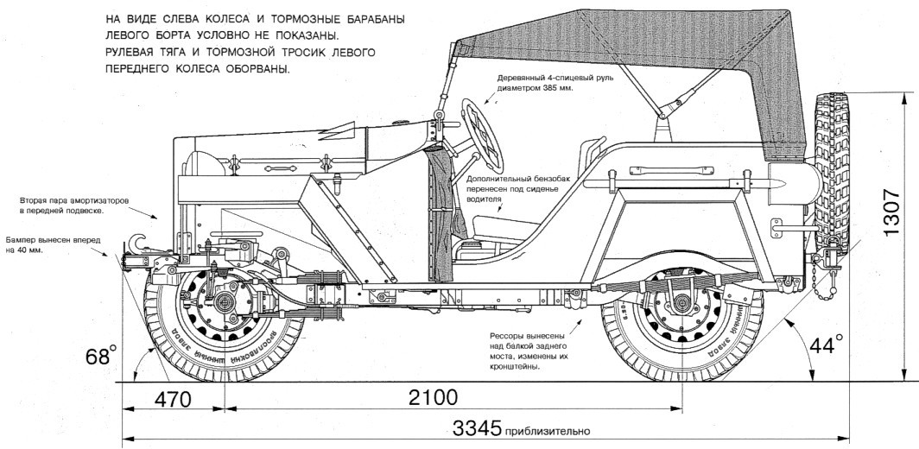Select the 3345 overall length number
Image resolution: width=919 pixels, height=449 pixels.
tap(474, 427)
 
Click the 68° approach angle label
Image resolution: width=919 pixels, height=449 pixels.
tap(100, 354)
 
